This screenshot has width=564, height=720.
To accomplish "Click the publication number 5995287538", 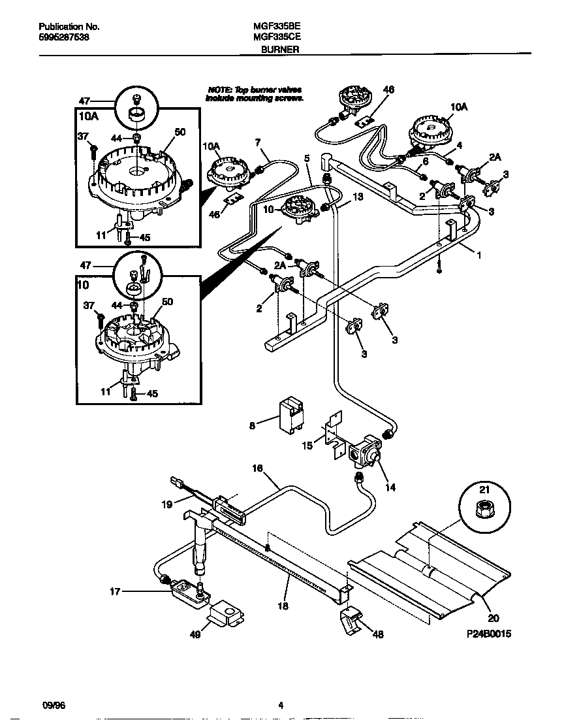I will [65, 38].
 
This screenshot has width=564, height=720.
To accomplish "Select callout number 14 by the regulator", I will [390, 487].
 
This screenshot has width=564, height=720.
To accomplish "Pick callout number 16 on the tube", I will [257, 468].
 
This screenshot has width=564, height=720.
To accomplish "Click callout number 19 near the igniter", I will [166, 504].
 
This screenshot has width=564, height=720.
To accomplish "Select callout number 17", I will [116, 593].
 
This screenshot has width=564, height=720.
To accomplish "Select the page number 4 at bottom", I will [281, 705].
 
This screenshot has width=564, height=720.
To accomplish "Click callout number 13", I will [356, 196].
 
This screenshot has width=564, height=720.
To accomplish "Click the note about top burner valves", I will [255, 93].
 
